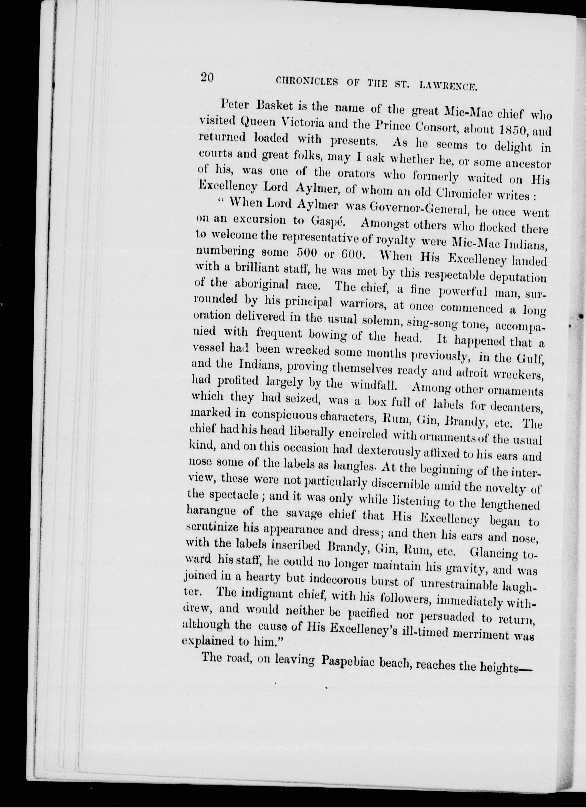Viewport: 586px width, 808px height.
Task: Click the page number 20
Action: pyautogui.click(x=207, y=78)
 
